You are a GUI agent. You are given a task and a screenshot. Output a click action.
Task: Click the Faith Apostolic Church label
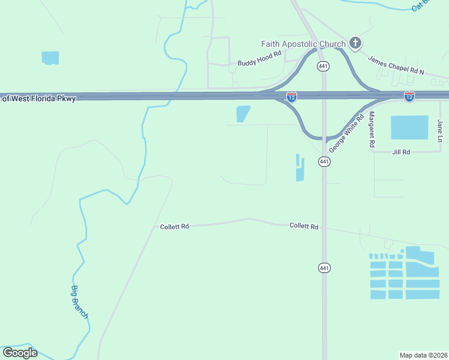(303, 44)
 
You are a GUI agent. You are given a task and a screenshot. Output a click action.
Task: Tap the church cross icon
(355, 43)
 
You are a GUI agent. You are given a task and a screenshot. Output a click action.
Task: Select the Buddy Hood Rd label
(259, 58)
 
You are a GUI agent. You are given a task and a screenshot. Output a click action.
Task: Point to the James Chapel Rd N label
(396, 65)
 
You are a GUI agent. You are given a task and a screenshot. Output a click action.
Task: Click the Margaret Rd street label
(372, 129)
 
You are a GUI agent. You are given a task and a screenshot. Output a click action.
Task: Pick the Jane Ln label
(441, 131)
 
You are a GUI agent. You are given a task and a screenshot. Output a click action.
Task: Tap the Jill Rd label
(400, 152)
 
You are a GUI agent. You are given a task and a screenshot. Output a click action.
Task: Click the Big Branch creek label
(80, 302)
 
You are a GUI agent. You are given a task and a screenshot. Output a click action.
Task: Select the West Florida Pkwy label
(38, 98)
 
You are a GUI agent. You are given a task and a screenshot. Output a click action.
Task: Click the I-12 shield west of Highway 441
(292, 97)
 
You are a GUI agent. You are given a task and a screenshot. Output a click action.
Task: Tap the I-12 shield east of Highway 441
(409, 97)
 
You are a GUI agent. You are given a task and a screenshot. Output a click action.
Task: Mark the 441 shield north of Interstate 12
(324, 66)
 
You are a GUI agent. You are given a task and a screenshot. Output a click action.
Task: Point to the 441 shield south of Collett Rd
(324, 267)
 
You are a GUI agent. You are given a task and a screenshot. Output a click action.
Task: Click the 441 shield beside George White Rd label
(324, 162)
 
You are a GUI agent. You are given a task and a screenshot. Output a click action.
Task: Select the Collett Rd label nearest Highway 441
(304, 226)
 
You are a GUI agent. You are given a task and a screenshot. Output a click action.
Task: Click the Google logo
(20, 353)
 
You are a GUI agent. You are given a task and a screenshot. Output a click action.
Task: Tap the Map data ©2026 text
(423, 355)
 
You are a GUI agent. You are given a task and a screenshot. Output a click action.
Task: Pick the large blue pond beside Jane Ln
(409, 128)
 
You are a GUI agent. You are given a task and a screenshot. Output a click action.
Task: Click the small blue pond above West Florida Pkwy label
(50, 58)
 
